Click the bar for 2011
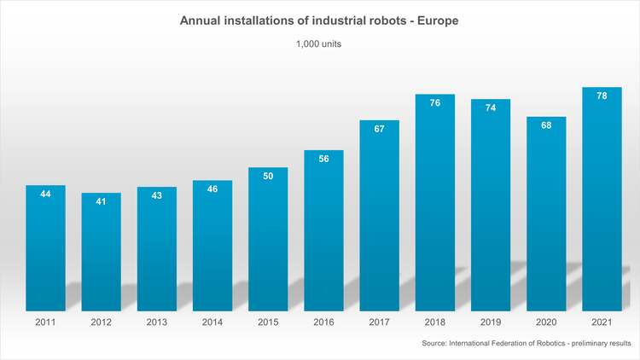click(x=46, y=247)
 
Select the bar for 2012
click(x=102, y=252)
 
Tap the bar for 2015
click(x=268, y=239)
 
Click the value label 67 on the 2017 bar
click(x=380, y=129)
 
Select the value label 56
click(x=324, y=159)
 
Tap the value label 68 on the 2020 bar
click(x=546, y=125)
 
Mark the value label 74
click(x=491, y=108)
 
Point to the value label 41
click(x=102, y=202)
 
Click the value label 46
click(x=212, y=189)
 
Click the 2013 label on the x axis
click(x=157, y=323)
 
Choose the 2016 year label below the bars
click(x=324, y=323)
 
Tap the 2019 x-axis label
click(x=491, y=323)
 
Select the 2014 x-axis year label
click(x=212, y=323)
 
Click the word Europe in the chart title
click(x=439, y=20)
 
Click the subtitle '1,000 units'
click(x=319, y=46)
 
